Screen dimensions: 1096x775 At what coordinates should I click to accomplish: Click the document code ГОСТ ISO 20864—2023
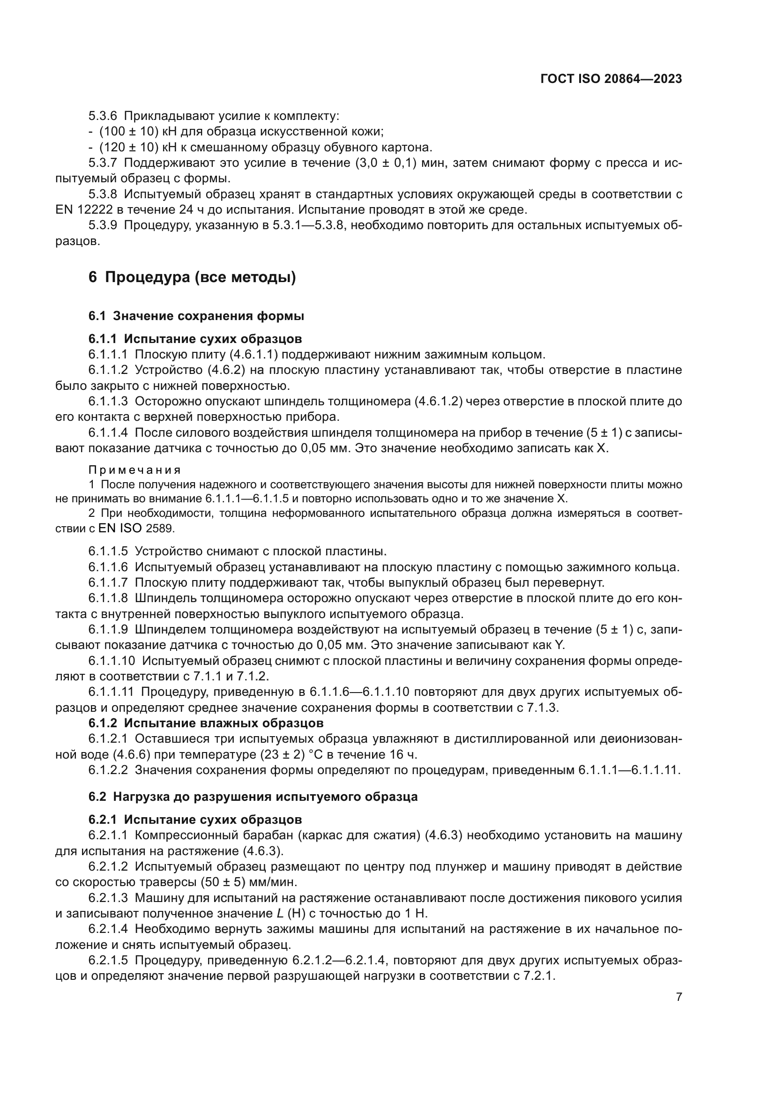click(x=611, y=79)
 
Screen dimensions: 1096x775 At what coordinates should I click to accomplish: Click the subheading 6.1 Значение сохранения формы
click(x=196, y=316)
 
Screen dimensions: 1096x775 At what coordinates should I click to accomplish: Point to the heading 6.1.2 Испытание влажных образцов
click(x=206, y=723)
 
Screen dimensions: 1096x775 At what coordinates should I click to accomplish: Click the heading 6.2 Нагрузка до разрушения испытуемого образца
click(x=253, y=797)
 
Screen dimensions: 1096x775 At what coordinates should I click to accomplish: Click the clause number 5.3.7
click(x=103, y=163)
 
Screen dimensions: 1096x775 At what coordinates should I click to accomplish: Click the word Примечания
click(x=134, y=470)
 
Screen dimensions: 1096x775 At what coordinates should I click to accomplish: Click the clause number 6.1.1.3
click(x=108, y=402)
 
